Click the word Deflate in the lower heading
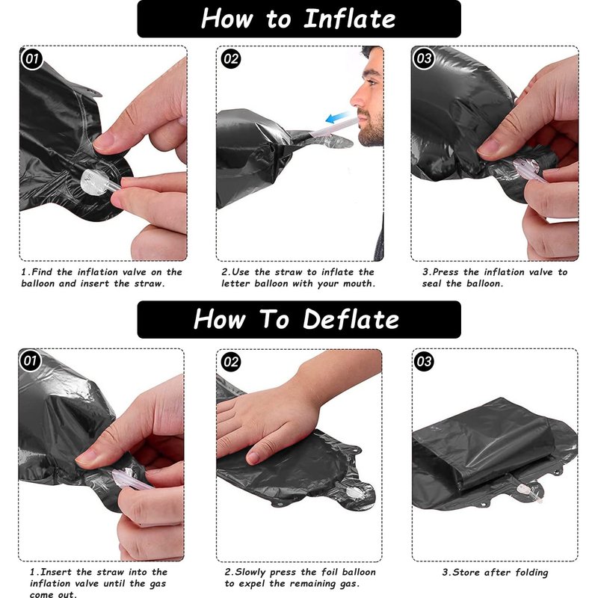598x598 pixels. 351,319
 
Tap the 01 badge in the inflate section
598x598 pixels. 32,59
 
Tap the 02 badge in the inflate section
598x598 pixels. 231,59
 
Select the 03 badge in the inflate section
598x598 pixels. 424,58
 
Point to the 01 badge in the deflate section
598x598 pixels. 30,360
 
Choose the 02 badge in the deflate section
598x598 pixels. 231,362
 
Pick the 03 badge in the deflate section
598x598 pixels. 424,361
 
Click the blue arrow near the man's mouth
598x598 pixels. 337,117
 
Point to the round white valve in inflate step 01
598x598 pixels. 95,182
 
